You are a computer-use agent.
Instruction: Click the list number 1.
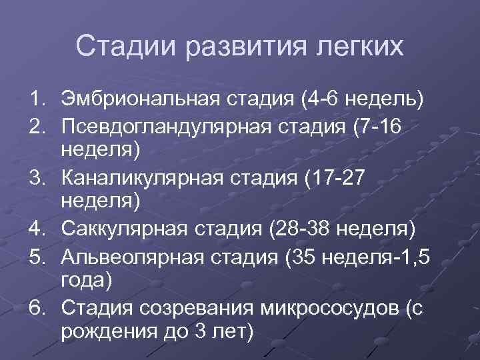pyautogui.click(x=36, y=101)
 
